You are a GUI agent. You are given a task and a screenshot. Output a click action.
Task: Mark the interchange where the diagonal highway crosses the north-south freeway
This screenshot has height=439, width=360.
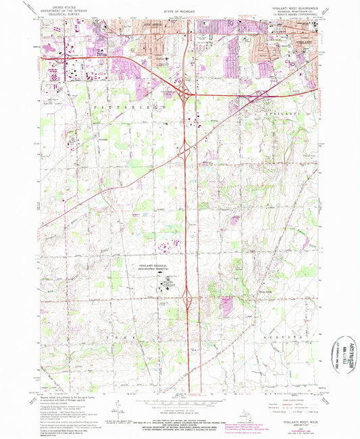pos(184,149)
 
